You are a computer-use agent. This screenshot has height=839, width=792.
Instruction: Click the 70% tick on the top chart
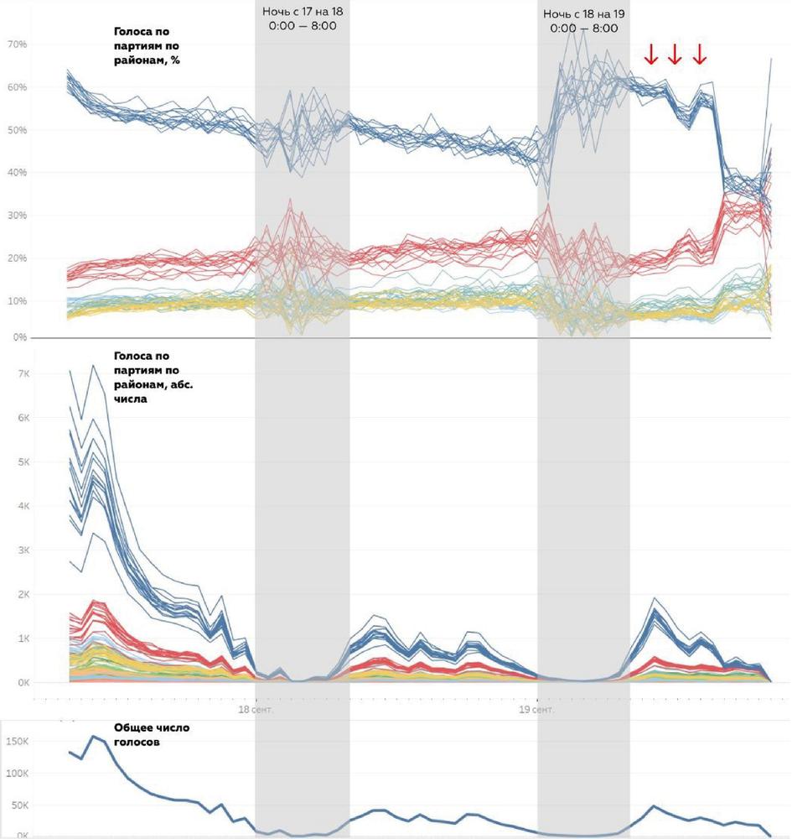click(x=18, y=44)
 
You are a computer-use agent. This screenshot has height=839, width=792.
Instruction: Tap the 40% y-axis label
click(x=18, y=173)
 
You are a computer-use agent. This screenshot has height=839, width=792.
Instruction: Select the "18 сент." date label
click(x=256, y=710)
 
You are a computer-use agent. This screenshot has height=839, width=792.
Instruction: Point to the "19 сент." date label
click(x=536, y=710)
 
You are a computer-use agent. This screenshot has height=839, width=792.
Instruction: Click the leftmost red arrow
click(x=650, y=55)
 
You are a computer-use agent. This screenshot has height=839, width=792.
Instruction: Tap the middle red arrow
click(x=675, y=55)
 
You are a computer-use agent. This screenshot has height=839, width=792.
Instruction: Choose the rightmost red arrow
click(x=700, y=55)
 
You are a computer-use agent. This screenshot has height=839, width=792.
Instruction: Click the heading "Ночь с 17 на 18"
click(x=303, y=13)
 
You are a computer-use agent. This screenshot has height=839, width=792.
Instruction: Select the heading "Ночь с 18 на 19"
click(x=584, y=14)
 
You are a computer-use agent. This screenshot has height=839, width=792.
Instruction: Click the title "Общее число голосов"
click(x=152, y=736)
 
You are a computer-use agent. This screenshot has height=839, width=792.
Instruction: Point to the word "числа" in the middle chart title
click(x=130, y=400)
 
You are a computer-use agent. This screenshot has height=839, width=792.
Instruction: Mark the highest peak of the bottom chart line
click(x=93, y=737)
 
